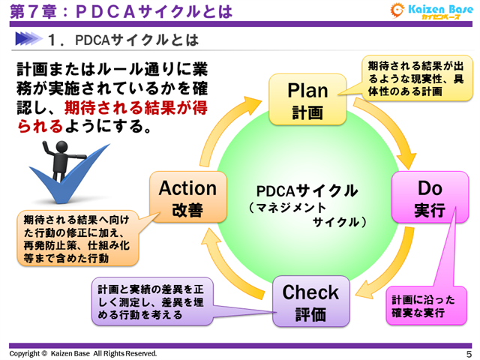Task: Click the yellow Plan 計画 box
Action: [308, 100]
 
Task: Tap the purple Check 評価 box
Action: [310, 301]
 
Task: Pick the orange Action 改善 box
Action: [187, 197]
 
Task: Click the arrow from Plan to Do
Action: [390, 127]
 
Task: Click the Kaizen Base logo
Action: [430, 11]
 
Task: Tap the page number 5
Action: [469, 353]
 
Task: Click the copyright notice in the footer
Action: [83, 353]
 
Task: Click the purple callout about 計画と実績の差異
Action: [151, 301]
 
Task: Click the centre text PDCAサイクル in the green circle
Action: [307, 190]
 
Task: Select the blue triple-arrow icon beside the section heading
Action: [31, 38]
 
